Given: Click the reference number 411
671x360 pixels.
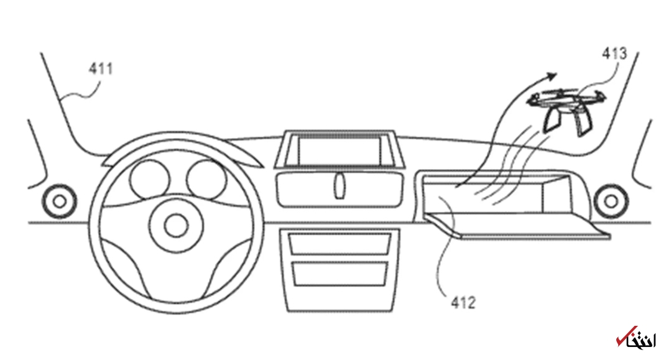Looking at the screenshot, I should tap(100, 68).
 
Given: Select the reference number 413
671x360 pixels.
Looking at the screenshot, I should tap(614, 55).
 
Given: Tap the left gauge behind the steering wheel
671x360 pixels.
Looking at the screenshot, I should tap(149, 179).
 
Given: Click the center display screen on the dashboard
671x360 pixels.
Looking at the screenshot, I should tap(338, 151).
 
